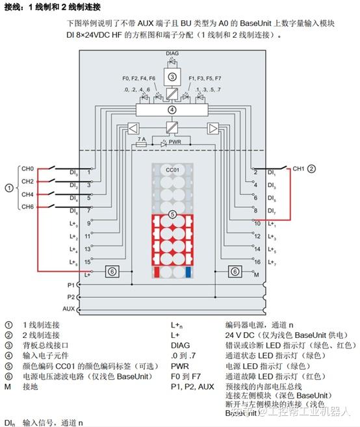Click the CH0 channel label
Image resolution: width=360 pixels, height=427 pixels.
tap(27, 168)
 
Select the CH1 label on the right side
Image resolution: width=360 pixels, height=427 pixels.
tap(299, 169)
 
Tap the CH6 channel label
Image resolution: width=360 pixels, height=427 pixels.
tap(27, 207)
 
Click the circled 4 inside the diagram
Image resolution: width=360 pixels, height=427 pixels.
tap(172, 110)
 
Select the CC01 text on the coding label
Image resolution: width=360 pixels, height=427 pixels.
tap(172, 170)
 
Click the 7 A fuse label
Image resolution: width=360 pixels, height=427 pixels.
tap(142, 139)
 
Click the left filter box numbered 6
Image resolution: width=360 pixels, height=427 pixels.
tap(112, 271)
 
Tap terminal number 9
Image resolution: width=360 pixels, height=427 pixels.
tap(89, 223)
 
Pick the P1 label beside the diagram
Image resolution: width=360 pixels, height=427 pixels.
tap(70, 284)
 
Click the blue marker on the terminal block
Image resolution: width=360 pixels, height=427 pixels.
tap(188, 271)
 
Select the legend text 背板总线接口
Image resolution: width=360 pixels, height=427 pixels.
tap(49, 345)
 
